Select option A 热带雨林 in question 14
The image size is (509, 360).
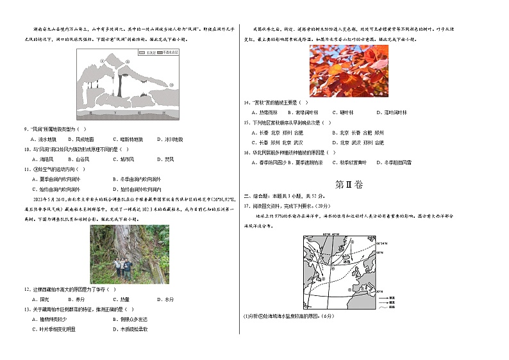point(263,112)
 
